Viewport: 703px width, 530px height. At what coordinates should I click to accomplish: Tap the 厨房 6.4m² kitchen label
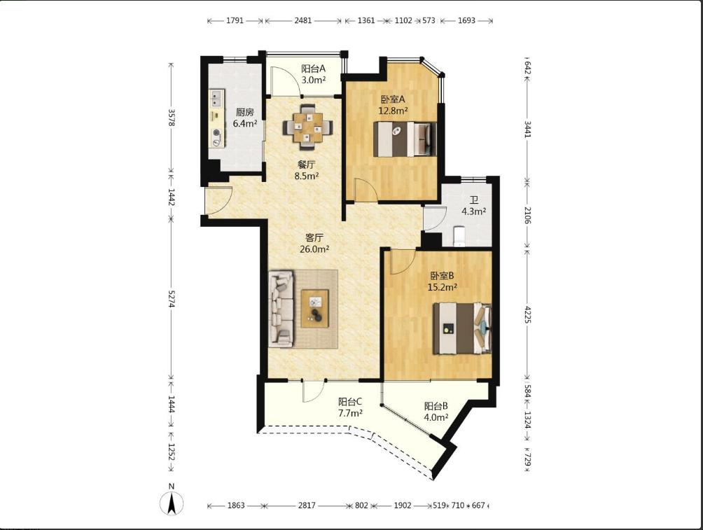(245, 118)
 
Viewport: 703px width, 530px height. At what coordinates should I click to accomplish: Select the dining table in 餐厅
(307, 127)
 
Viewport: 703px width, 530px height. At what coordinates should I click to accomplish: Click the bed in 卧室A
(405, 139)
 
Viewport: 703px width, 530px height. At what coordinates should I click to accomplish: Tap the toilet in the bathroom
(460, 237)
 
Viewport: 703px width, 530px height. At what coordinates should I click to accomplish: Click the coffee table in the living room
(314, 309)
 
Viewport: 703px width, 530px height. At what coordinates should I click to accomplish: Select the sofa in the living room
(281, 309)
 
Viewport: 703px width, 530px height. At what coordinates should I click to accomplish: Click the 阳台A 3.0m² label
(314, 74)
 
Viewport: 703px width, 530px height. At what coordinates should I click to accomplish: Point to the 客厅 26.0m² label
(314, 243)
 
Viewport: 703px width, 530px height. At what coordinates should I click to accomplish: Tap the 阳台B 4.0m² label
(436, 412)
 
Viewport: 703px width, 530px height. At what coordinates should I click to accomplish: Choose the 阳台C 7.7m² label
(350, 407)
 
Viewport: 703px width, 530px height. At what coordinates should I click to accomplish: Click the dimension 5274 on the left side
(172, 298)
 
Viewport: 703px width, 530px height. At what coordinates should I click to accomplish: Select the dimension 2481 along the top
(303, 20)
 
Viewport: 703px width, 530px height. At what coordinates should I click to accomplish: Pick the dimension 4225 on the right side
(527, 315)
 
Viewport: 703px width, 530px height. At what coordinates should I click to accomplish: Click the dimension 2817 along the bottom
(307, 505)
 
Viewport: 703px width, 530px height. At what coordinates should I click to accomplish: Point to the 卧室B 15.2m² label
(442, 281)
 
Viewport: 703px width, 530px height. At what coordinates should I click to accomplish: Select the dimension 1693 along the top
(466, 20)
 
